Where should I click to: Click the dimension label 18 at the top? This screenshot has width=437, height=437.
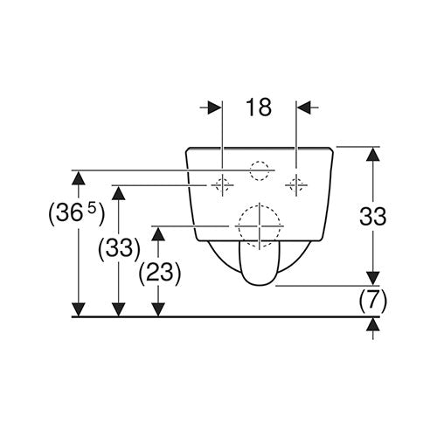[259, 107]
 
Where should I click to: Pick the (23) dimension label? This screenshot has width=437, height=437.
[160, 274]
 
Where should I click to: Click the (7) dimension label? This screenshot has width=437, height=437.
[372, 301]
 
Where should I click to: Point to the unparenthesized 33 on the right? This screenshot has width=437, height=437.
[372, 217]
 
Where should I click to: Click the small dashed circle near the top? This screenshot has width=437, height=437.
[260, 170]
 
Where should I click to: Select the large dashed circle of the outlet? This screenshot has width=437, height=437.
[260, 225]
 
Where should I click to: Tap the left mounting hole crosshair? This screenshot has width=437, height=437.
[222, 185]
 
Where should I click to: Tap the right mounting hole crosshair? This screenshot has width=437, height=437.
[296, 185]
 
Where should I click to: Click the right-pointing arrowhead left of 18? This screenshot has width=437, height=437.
[215, 108]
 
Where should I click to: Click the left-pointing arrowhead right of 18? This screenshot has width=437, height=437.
[304, 108]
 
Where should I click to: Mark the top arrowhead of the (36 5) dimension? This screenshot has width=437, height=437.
[79, 177]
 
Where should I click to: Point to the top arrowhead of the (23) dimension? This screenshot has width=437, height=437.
[158, 234]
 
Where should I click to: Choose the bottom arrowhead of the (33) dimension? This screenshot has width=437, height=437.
[118, 309]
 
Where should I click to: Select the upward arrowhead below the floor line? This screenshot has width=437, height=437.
[373, 324]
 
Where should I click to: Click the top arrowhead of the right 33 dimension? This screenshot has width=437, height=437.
[373, 154]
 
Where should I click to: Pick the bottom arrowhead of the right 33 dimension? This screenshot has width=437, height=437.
[373, 279]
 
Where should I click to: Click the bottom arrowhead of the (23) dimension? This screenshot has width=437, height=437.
[158, 309]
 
